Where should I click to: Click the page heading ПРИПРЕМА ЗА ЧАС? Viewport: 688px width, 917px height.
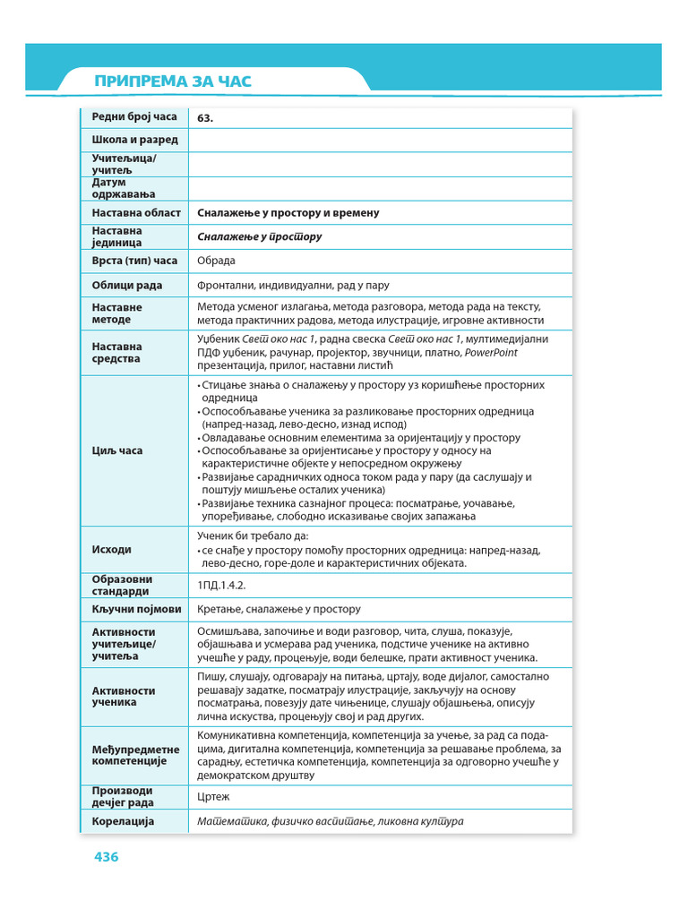pos(173,82)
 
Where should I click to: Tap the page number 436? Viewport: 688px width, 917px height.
pos(107,857)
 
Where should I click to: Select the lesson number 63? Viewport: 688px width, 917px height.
pos(205,117)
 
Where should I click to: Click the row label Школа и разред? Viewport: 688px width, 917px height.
pos(134,140)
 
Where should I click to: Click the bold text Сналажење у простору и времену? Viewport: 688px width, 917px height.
pos(288,213)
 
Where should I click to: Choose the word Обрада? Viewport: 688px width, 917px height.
pos(216,261)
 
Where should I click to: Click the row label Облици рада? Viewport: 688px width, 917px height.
pos(127,286)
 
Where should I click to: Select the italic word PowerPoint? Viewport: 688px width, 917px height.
pos(491,352)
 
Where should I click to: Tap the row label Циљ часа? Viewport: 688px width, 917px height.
pos(116,450)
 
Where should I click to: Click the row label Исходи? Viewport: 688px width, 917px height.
pos(111,549)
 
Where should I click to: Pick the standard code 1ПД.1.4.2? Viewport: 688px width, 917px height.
pos(221,585)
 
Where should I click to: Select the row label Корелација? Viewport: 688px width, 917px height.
pos(123,821)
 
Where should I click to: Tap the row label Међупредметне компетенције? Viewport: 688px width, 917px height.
pos(135,755)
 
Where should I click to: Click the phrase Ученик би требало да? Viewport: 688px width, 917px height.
pos(252,536)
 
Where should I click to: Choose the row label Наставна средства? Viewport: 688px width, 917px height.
pos(116,352)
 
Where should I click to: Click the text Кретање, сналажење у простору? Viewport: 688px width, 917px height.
pos(279,609)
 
